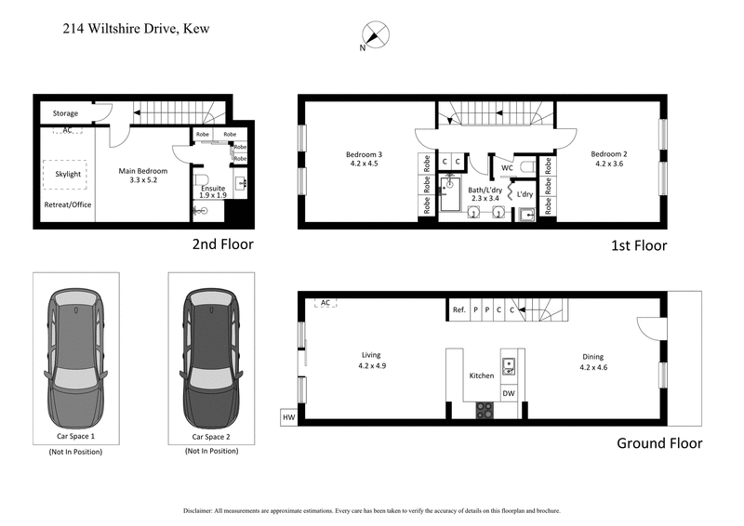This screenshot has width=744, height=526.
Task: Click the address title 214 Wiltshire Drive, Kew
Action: pos(135,29)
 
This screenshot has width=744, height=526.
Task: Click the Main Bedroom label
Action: pos(142,177)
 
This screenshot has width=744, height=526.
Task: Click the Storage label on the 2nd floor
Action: pos(65,113)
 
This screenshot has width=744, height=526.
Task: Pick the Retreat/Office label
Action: pos(68,204)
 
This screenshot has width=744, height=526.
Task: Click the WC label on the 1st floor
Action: pos(507,168)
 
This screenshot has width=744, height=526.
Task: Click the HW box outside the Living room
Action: pos(288,418)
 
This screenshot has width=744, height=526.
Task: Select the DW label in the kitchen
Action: pos(509,393)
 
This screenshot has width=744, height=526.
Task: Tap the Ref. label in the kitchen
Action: pos(458,309)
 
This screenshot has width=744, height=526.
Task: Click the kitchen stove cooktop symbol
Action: pos(485,409)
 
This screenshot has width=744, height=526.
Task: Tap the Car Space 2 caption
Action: pos(210,436)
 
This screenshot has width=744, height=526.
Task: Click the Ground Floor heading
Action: pos(659,443)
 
